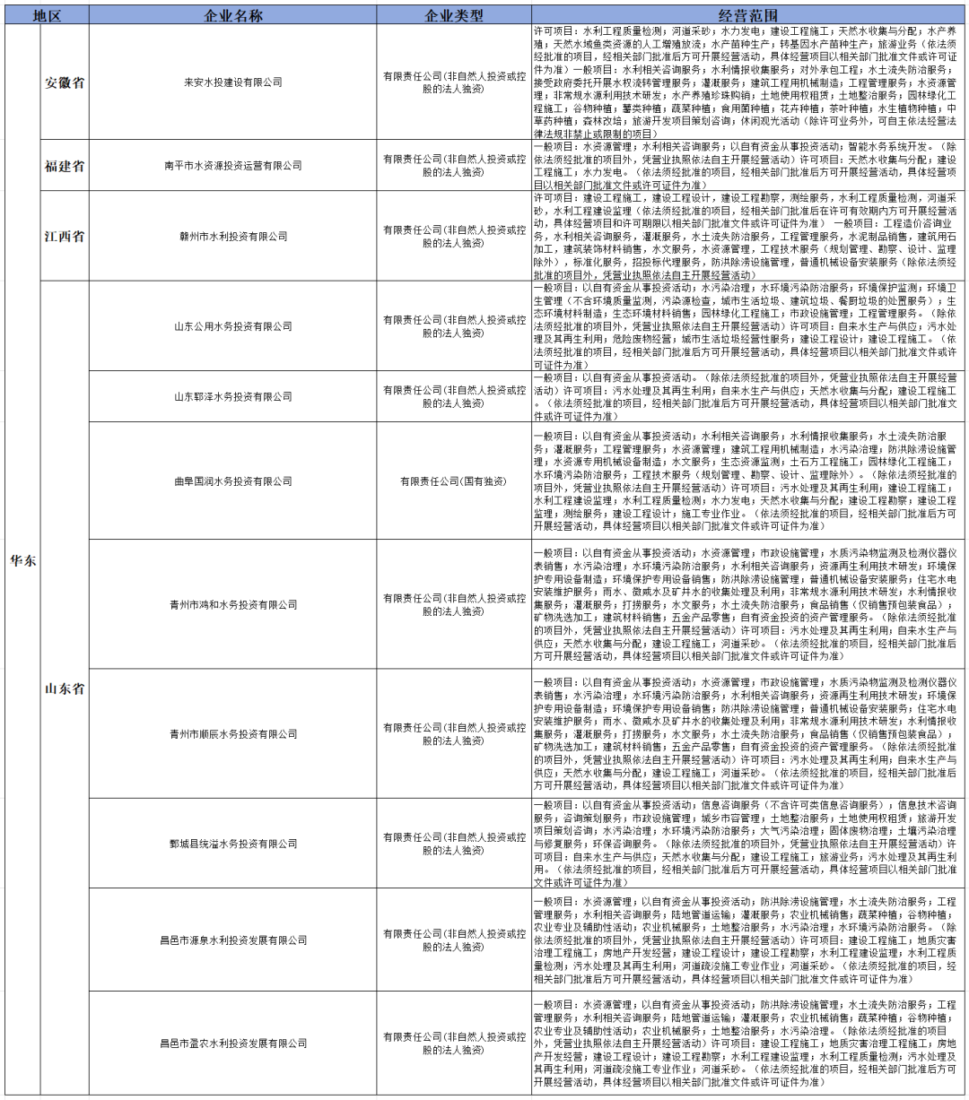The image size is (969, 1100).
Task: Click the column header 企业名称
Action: (x=232, y=16)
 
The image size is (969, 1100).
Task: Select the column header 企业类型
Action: (x=453, y=16)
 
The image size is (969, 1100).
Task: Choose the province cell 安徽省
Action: (x=65, y=82)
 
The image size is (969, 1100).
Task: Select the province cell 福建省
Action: (x=65, y=166)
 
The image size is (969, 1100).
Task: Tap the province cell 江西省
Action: (x=65, y=237)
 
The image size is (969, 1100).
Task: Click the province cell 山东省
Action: (x=65, y=689)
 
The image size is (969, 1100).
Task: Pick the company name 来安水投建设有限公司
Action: (x=232, y=82)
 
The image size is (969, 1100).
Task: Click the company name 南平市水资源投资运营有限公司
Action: (x=232, y=166)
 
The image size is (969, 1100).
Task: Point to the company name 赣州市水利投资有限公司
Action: (x=232, y=237)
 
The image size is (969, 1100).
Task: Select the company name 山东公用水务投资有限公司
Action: (x=232, y=326)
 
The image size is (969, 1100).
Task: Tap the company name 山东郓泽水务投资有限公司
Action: (x=232, y=396)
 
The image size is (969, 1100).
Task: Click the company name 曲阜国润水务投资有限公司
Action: (x=232, y=481)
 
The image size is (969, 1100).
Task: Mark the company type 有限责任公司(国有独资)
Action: (x=453, y=481)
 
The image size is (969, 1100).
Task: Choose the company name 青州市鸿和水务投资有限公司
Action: (x=232, y=604)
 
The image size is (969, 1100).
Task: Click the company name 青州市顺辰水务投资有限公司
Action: (x=232, y=734)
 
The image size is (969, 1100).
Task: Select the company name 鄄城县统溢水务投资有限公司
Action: (x=232, y=844)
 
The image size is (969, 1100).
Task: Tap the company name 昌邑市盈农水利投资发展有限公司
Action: (x=232, y=1044)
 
